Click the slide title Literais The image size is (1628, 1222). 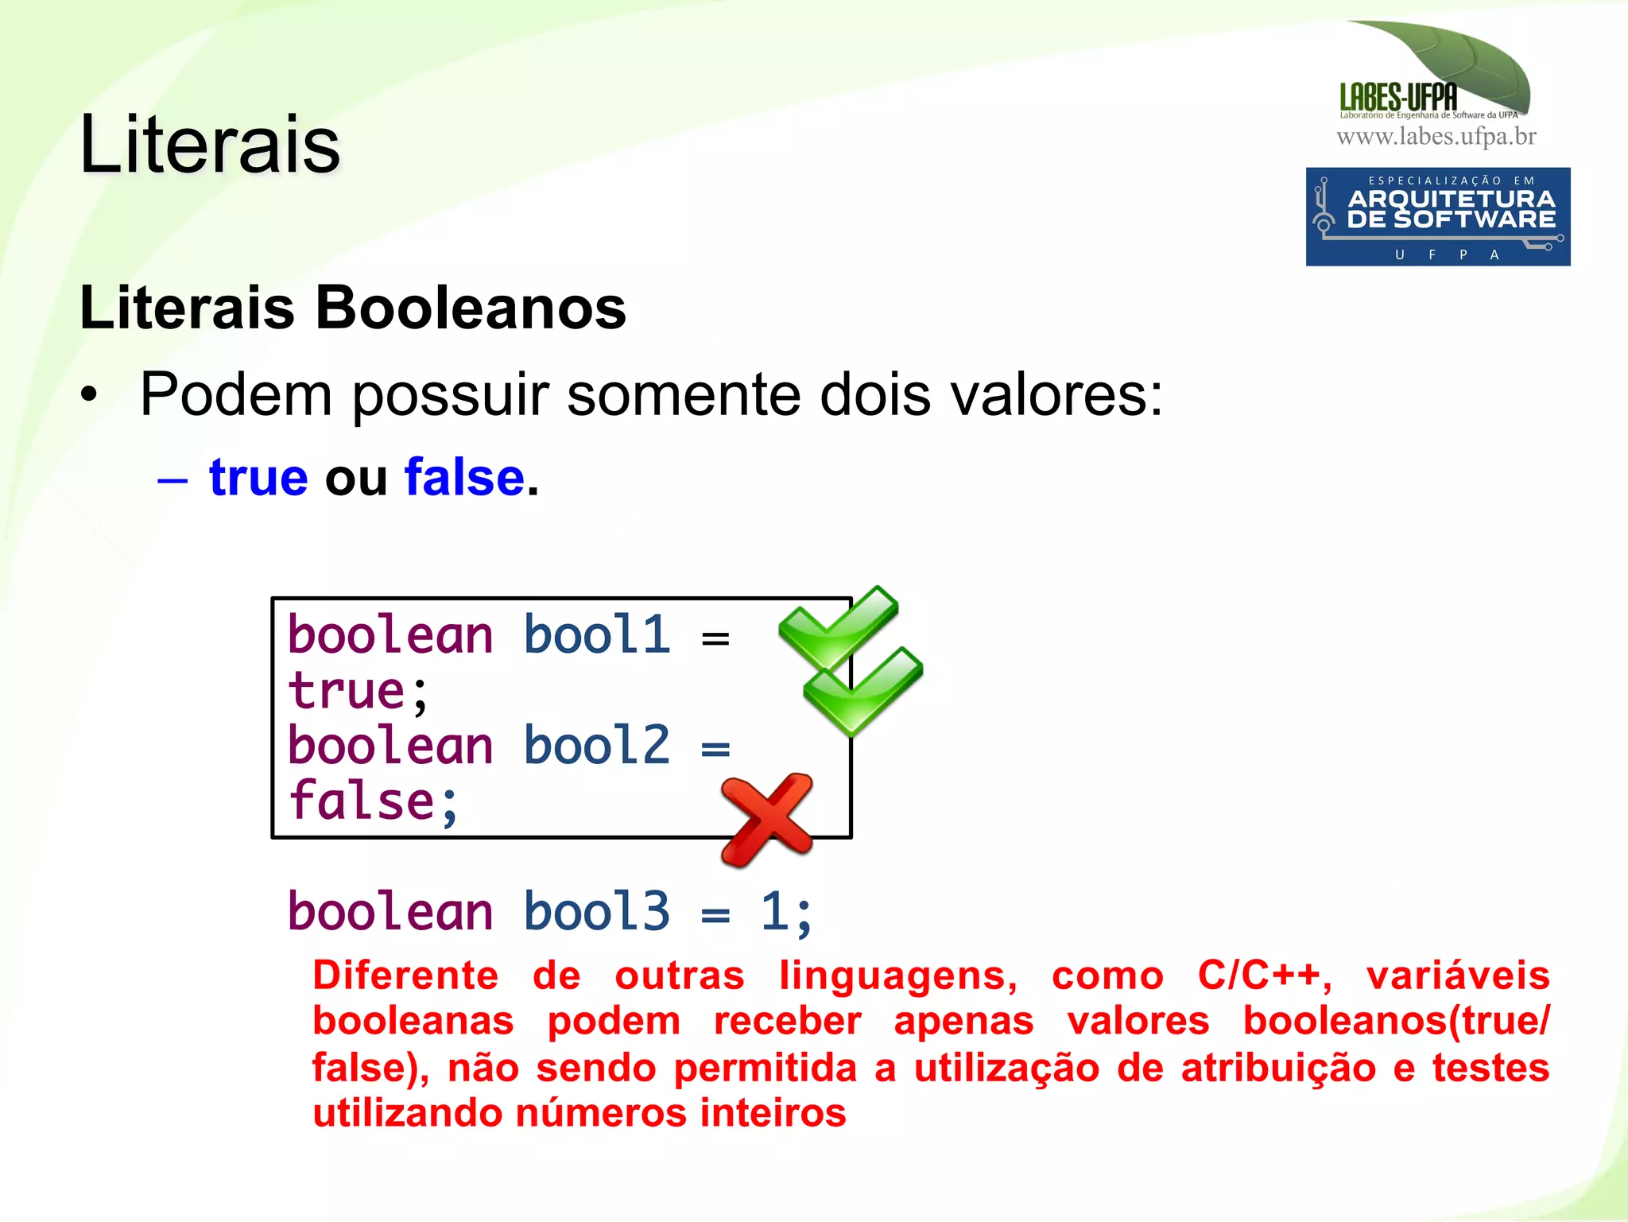click(x=210, y=145)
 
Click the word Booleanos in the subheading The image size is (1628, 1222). click(x=471, y=308)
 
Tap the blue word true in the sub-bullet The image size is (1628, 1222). click(x=258, y=478)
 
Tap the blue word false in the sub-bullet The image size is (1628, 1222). click(x=465, y=478)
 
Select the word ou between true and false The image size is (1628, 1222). click(x=356, y=479)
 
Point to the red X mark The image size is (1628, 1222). click(x=766, y=819)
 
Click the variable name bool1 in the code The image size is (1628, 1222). click(x=597, y=636)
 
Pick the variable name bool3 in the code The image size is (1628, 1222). click(x=597, y=911)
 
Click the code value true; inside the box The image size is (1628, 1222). click(x=358, y=691)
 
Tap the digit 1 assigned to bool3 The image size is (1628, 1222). click(x=775, y=911)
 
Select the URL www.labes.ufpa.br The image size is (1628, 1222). click(x=1436, y=137)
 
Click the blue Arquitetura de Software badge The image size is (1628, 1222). click(x=1437, y=216)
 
